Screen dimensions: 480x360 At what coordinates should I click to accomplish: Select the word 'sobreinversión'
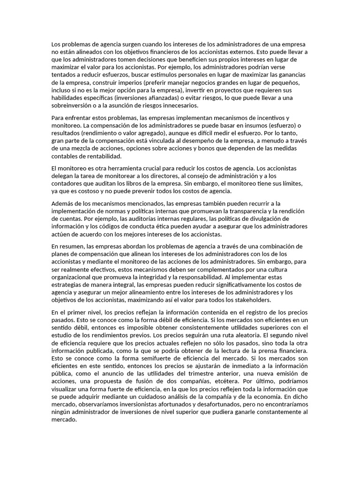[74, 105]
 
